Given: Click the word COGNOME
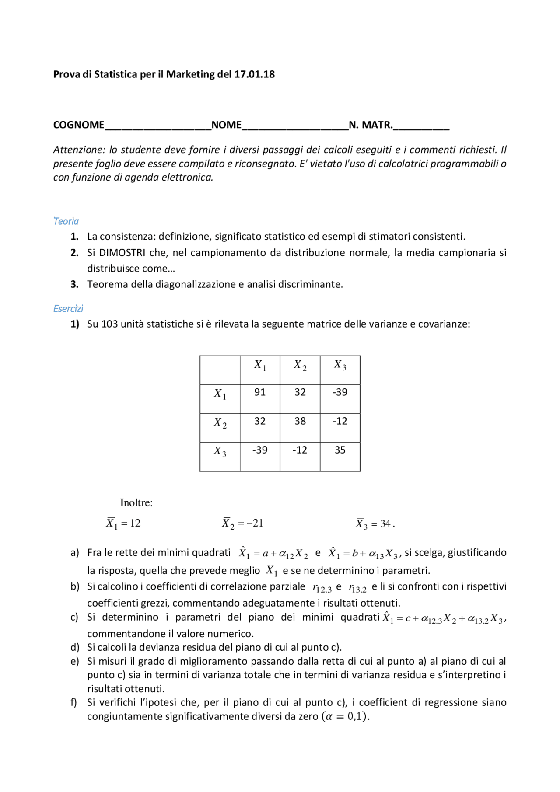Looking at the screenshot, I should click(79, 125).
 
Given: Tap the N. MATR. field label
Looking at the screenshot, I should click(371, 125).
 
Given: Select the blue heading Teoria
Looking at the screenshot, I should click(66, 221).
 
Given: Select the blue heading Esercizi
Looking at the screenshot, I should click(68, 309).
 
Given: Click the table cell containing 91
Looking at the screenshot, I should click(260, 392).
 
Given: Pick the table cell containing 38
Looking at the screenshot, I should click(300, 421).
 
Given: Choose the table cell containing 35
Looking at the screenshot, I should click(340, 450).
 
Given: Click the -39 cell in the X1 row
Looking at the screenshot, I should click(340, 392).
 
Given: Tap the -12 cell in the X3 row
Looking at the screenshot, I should click(300, 450).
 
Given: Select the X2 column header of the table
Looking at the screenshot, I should click(300, 365).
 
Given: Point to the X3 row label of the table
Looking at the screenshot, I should click(220, 451).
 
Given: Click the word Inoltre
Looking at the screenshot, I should click(136, 503).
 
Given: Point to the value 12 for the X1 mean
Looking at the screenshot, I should click(135, 523).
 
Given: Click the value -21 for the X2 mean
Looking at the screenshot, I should click(255, 523).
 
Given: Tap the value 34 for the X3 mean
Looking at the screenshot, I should click(385, 524).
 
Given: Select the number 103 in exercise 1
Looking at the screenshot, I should click(109, 324).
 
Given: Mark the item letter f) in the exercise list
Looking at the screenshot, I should click(74, 702).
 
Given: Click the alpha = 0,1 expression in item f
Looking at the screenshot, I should click(345, 716).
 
